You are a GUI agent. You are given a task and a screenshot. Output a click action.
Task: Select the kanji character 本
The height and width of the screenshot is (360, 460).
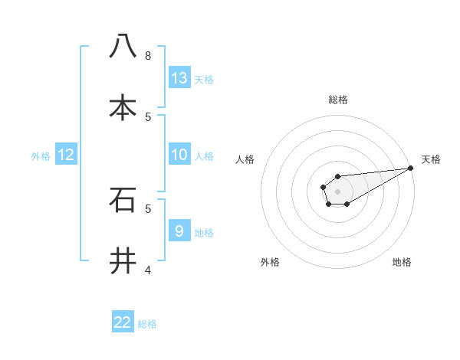coord(123,107)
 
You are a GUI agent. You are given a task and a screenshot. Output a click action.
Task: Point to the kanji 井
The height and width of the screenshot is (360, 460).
coord(123,260)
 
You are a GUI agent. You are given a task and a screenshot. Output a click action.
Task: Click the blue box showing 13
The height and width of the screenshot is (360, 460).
coord(179,78)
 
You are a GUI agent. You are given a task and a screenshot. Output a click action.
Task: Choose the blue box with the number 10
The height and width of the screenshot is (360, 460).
coord(179,155)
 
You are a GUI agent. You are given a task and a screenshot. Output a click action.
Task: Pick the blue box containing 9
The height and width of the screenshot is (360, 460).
coord(179,231)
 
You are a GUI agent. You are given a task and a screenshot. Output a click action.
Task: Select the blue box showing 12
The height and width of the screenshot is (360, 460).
coord(66,155)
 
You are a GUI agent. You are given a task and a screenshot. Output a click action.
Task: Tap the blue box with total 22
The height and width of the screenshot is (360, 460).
coord(123,322)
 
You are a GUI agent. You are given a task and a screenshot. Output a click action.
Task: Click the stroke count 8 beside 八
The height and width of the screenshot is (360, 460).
coord(148,55)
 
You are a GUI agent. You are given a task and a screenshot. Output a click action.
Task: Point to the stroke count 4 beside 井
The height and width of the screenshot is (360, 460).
coord(148,270)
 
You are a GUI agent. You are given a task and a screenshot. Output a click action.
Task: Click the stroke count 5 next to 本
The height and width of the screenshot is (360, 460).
coord(148,116)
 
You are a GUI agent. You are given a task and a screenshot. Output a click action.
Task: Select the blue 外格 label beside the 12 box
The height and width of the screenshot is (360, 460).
coord(41,156)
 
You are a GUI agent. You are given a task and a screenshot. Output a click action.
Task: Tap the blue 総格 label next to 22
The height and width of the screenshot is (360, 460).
coord(147,324)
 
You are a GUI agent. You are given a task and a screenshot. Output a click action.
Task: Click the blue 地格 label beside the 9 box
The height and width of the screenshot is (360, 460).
coord(204,233)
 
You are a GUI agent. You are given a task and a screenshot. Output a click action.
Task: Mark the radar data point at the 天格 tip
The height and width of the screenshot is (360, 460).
coord(410,168)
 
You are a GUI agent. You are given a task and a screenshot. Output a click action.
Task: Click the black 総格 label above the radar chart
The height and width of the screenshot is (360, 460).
coord(338,100)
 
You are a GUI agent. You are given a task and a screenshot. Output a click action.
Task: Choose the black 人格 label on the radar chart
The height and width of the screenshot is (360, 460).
coord(245,159)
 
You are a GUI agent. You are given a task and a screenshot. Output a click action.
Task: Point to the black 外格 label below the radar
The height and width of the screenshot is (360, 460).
coord(270,262)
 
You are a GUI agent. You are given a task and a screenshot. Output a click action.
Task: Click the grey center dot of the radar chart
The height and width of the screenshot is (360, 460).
coord(337,190)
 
